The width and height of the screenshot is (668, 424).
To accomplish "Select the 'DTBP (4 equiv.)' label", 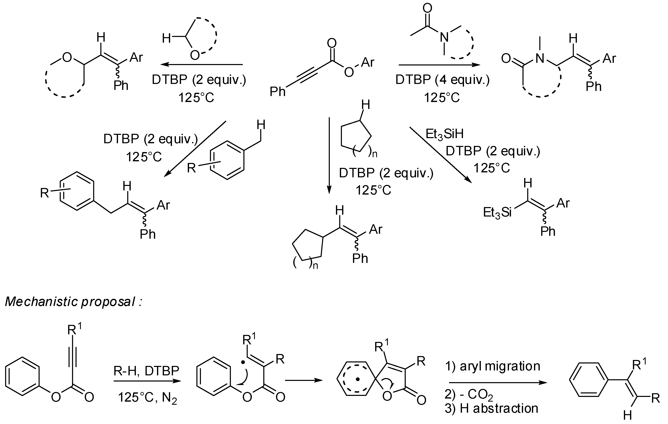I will pyautogui.click(x=442, y=80).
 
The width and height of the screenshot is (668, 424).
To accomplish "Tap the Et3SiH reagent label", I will pyautogui.click(x=444, y=134).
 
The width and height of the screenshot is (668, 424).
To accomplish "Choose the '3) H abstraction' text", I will pyautogui.click(x=491, y=408).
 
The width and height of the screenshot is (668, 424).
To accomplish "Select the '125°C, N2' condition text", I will pyautogui.click(x=148, y=398).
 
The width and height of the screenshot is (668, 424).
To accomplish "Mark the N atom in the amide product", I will pyautogui.click(x=540, y=58).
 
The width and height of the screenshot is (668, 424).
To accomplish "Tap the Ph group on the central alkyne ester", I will pyautogui.click(x=278, y=91).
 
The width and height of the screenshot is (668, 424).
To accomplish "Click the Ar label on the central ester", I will pyautogui.click(x=368, y=62).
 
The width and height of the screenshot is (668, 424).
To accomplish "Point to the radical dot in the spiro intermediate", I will pyautogui.click(x=358, y=379).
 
